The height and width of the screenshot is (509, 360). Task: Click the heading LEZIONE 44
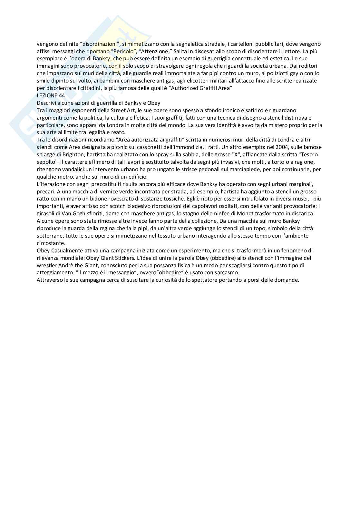click(x=51, y=95)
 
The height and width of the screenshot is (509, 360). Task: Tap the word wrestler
click(x=47, y=265)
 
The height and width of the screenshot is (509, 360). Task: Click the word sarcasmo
click(x=227, y=272)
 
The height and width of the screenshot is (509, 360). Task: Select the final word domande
click(x=287, y=280)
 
